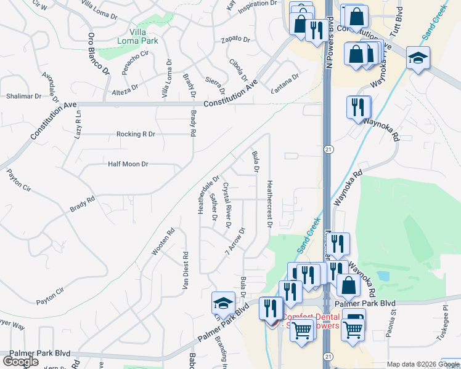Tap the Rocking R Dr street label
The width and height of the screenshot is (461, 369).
[136, 133]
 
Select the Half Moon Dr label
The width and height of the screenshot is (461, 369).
[128, 164]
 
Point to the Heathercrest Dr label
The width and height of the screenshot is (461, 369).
[269, 203]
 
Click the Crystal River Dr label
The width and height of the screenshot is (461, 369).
[226, 205]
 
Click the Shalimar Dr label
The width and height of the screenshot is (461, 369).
[24, 96]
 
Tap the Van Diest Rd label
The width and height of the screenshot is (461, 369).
[184, 271]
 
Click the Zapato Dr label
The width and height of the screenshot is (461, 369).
[235, 39]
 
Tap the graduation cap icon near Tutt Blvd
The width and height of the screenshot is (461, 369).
[418, 58]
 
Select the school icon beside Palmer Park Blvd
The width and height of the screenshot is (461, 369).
[223, 303]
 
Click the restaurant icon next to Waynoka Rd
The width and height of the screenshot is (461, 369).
[358, 106]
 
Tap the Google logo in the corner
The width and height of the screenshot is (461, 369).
[20, 362]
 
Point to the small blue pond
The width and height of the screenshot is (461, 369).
[383, 276]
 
